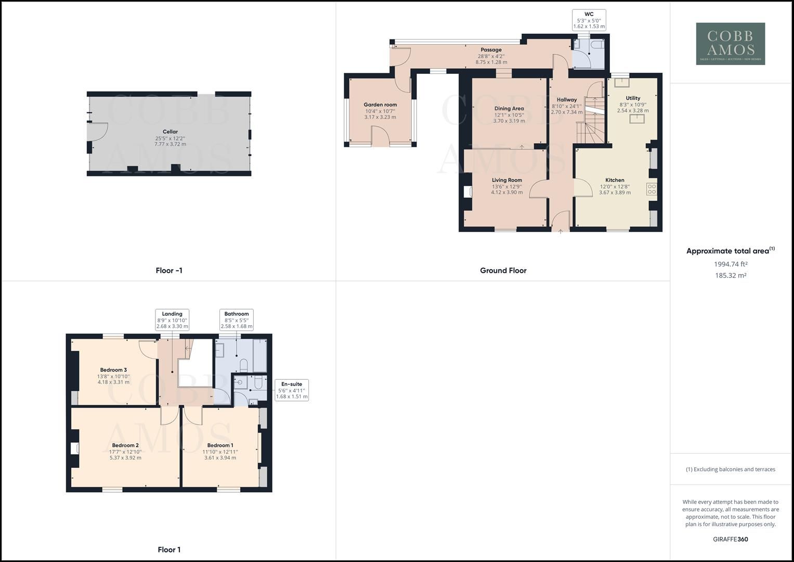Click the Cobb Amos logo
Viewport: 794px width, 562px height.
coord(730,44)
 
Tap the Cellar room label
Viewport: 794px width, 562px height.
coord(170,132)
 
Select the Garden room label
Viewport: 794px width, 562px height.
coord(380,105)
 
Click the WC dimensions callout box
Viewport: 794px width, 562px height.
coord(589,20)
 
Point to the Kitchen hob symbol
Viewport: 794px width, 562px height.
coord(652,189)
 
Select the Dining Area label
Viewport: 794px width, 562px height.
coord(509,109)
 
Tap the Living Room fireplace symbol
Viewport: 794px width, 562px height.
coord(468,192)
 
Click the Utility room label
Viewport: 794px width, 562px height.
coord(633,98)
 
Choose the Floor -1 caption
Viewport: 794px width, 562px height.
coord(169,271)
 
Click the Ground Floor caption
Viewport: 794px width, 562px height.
coord(503,271)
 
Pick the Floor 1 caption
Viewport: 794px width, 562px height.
coord(169,550)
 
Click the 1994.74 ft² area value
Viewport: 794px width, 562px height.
coord(730,264)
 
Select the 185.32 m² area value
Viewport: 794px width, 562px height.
coord(730,276)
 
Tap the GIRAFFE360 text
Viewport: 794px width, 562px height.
coord(730,539)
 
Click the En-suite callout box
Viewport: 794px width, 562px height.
coord(291,390)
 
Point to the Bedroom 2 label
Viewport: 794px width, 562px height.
coord(125,445)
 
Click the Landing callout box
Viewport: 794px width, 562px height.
coord(172,320)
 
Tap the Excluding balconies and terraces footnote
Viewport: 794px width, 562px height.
coord(730,469)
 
